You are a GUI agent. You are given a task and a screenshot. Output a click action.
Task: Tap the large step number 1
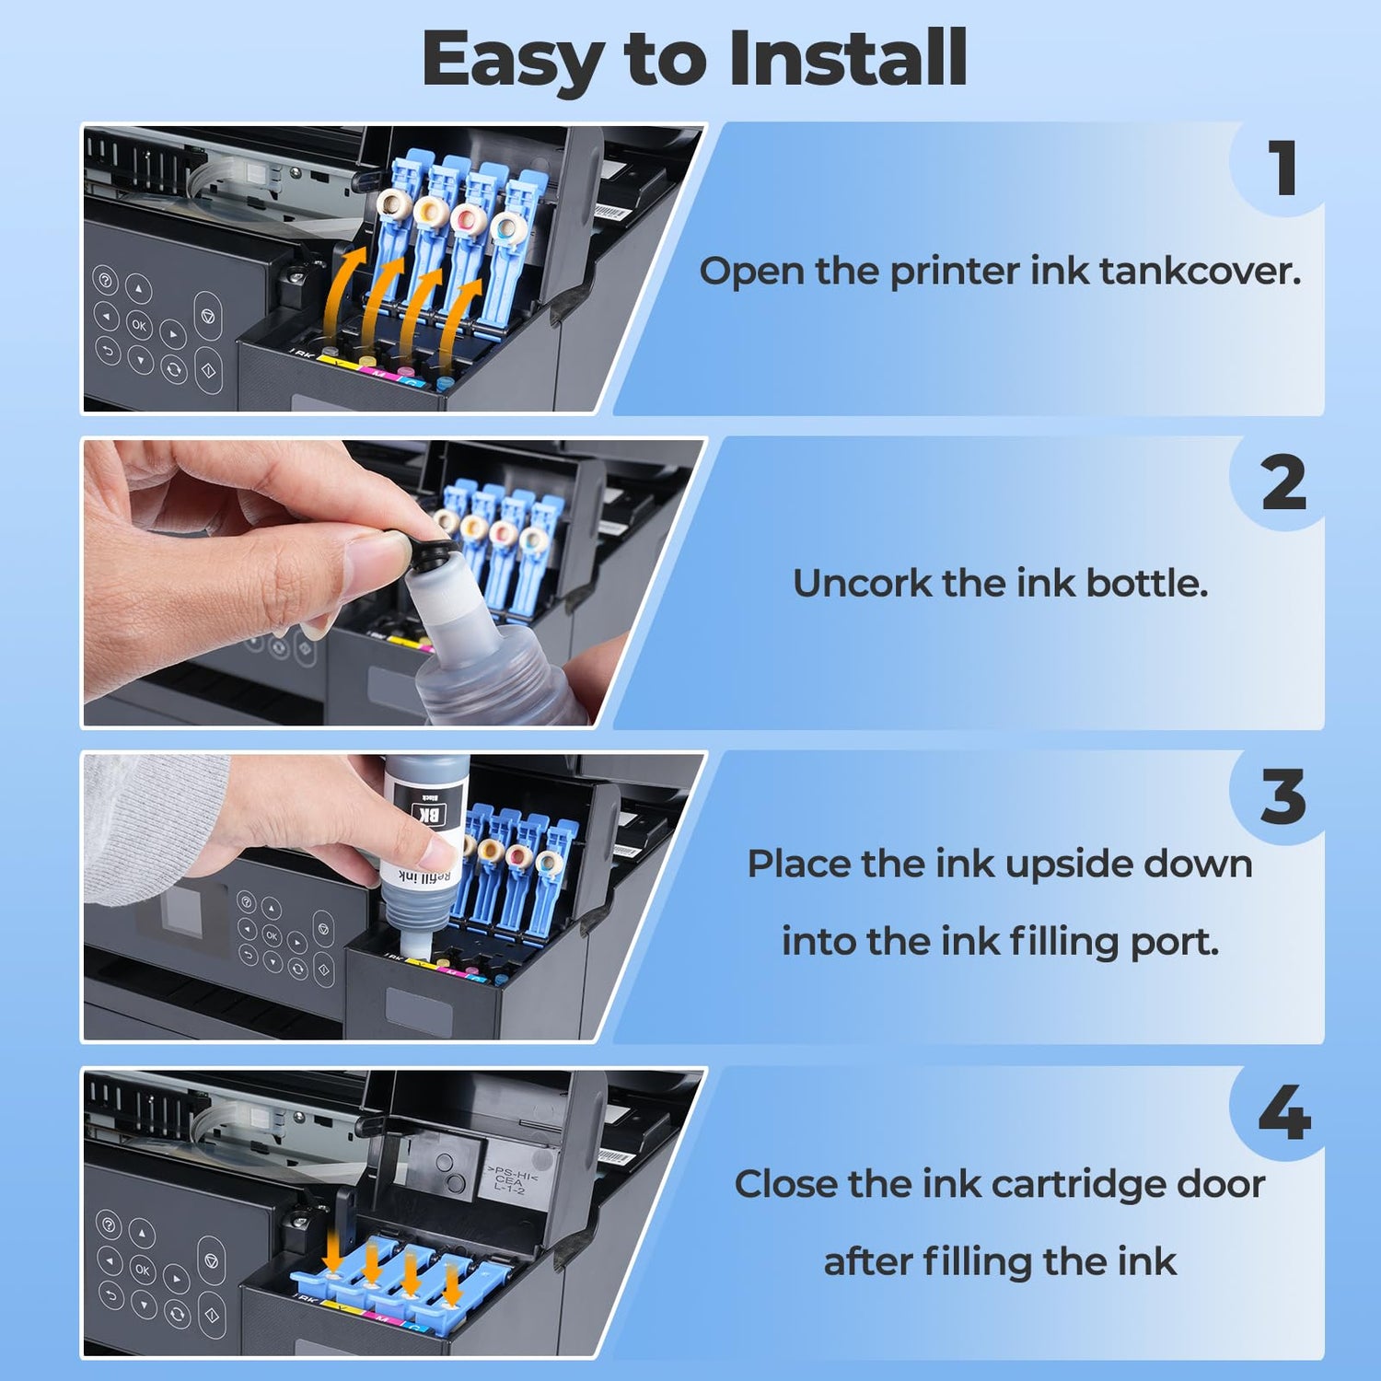click(x=1282, y=168)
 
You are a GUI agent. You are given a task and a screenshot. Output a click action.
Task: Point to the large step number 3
click(x=1283, y=797)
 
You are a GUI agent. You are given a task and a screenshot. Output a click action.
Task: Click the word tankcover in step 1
click(x=1200, y=271)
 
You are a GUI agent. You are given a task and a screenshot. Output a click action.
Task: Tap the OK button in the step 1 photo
click(x=139, y=324)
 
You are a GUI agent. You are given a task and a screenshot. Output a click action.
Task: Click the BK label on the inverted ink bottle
click(x=429, y=813)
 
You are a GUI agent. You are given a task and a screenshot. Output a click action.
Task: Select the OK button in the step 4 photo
click(x=143, y=1269)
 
